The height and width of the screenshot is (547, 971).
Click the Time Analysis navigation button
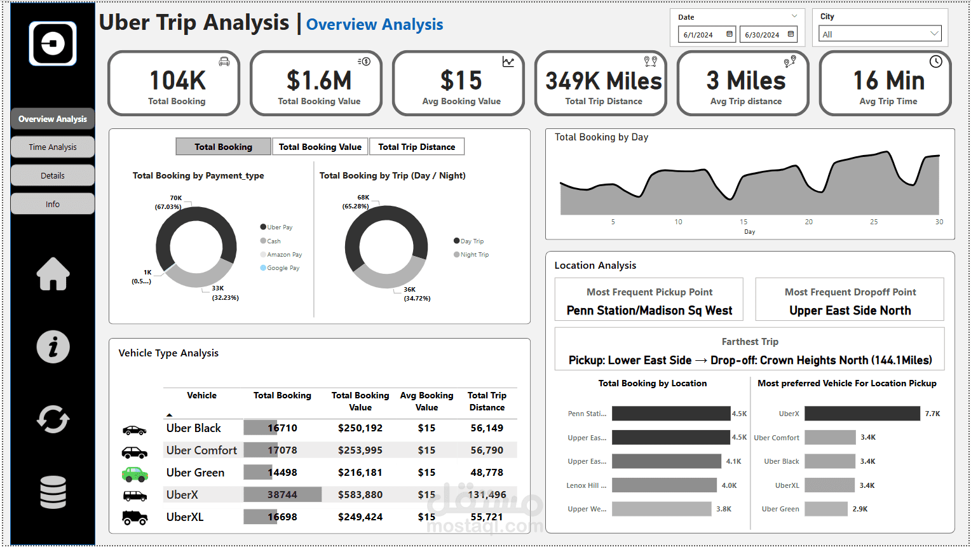coord(53,147)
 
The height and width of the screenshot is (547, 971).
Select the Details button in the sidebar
coord(53,175)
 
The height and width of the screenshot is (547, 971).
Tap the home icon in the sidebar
coord(53,274)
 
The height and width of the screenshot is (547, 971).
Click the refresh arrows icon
coord(53,420)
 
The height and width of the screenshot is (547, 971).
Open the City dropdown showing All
coord(880,34)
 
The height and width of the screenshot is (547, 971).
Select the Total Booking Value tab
coord(320,147)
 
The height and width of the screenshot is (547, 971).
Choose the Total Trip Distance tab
coord(416,147)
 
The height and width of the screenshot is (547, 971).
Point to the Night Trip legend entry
coord(473,255)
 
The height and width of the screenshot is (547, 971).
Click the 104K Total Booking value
coord(177,81)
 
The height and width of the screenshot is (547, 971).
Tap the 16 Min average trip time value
coord(888,81)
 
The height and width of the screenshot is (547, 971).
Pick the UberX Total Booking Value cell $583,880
coord(360,495)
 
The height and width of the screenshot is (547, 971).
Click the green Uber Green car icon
coord(135,474)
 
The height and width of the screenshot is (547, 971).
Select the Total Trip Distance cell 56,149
coord(487,428)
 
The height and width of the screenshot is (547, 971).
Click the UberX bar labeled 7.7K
coord(862,414)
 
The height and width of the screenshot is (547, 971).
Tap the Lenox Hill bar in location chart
coord(664,485)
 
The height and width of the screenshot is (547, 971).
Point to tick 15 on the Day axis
coord(744,222)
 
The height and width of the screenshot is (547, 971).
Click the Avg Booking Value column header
coord(426,402)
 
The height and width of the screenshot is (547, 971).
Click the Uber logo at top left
coord(53,44)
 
